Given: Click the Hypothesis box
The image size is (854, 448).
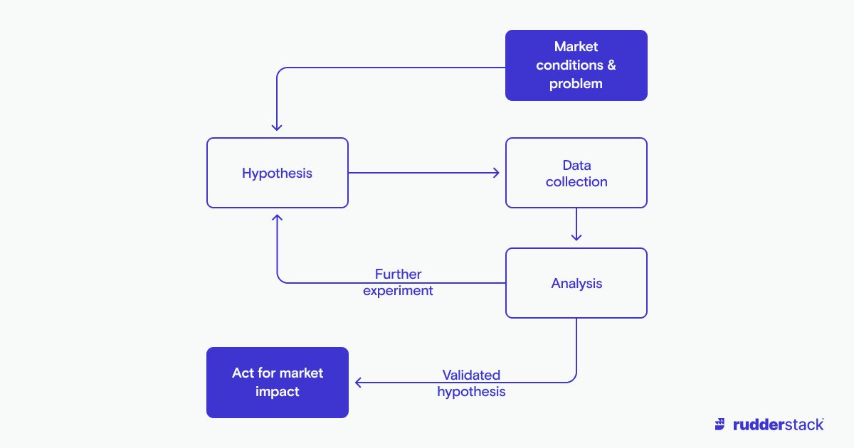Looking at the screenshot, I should pyautogui.click(x=278, y=173).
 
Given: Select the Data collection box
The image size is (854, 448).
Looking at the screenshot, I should pyautogui.click(x=576, y=173).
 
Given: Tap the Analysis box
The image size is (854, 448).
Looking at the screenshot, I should pyautogui.click(x=576, y=283).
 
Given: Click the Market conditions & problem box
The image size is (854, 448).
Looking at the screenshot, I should pyautogui.click(x=576, y=65).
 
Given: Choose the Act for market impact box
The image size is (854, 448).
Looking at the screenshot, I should pyautogui.click(x=278, y=383).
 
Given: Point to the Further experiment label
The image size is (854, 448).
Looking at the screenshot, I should pyautogui.click(x=398, y=282).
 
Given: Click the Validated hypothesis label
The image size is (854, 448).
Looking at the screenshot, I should pyautogui.click(x=471, y=383).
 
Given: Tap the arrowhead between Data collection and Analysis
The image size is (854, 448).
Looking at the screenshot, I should pyautogui.click(x=576, y=237).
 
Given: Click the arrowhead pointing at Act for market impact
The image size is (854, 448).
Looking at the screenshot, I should pyautogui.click(x=359, y=383).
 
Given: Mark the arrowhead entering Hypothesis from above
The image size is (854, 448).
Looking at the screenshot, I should pyautogui.click(x=277, y=127).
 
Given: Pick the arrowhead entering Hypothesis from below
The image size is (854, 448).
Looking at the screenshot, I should pyautogui.click(x=277, y=218).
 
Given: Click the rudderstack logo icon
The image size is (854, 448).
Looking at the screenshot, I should pyautogui.click(x=721, y=425).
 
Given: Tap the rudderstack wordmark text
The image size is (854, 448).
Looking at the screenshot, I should pyautogui.click(x=778, y=425).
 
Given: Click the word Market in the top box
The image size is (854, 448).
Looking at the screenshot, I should pyautogui.click(x=576, y=47).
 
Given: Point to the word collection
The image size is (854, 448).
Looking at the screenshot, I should pyautogui.click(x=576, y=182).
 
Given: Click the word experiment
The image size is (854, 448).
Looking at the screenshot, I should pyautogui.click(x=398, y=291).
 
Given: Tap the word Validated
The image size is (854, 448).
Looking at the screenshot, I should pyautogui.click(x=471, y=375).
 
